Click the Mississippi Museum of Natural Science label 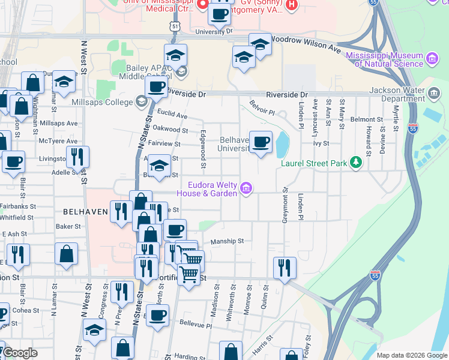384,59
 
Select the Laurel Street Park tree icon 357,163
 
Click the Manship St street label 227,241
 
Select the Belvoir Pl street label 262,108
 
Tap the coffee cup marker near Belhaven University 261,142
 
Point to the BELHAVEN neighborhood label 85,212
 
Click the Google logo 21,353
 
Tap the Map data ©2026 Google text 412,355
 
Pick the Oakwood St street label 170,129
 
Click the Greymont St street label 286,205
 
